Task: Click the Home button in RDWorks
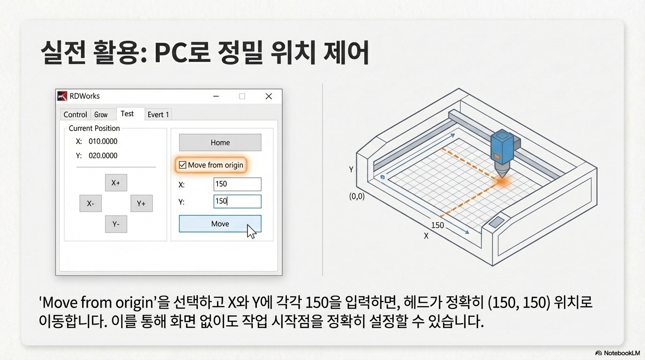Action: point(220,142)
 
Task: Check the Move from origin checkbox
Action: point(183,165)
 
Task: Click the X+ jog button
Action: point(116,183)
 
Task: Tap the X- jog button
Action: point(90,203)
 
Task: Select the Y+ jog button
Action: point(141,203)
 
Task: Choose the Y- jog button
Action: point(116,224)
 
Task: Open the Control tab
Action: point(75,114)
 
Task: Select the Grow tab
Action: point(101,114)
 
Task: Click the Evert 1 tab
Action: point(158,114)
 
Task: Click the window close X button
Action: point(269,96)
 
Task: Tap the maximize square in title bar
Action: point(242,96)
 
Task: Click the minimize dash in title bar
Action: point(216,96)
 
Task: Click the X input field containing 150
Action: point(237,184)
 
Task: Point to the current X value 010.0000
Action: point(103,141)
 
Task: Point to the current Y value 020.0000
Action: point(103,156)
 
